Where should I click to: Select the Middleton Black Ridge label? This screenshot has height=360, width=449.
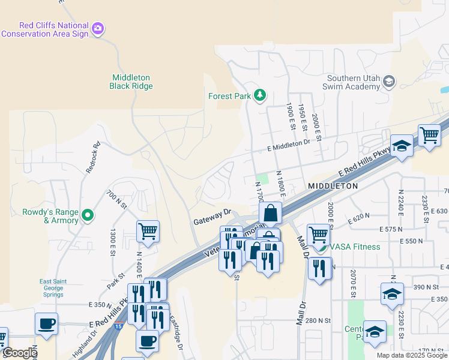[131, 82]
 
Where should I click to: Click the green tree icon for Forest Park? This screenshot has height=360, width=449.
[260, 95]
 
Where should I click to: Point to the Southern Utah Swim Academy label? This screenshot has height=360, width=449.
[354, 82]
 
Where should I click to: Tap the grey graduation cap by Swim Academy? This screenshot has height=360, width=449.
[389, 81]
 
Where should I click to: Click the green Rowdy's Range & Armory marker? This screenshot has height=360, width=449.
[88, 214]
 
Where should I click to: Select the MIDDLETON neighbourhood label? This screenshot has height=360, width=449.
[333, 186]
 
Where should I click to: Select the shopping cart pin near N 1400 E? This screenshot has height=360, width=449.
[148, 231]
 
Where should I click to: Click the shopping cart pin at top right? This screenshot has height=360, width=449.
[429, 136]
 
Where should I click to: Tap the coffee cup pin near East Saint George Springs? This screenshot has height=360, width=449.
[46, 324]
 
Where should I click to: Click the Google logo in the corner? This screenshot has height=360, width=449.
[19, 353]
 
